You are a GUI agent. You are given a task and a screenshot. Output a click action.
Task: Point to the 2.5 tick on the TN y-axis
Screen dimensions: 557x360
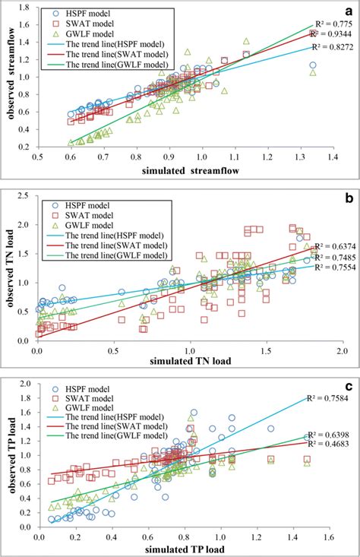pos(29,197)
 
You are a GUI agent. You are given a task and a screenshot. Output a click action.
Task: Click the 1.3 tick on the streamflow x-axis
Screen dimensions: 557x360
pos(300,156)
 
